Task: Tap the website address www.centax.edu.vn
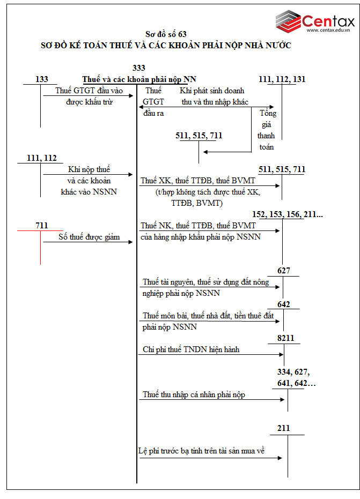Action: tap(328, 31)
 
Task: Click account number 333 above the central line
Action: tap(138, 68)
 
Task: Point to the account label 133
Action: tap(41, 79)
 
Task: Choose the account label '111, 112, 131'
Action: tap(282, 79)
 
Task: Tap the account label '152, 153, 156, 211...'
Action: tap(288, 214)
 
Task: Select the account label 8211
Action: tap(285, 338)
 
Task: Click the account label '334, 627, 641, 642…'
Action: tap(293, 377)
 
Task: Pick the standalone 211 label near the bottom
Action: tap(284, 429)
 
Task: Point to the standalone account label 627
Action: tap(284, 270)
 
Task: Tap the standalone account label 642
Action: tap(284, 304)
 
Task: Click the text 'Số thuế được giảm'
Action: tap(89, 236)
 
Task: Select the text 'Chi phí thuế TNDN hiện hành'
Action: tap(191, 349)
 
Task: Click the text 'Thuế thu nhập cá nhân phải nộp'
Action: tap(194, 394)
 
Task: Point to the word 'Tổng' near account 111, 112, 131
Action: tap(268, 114)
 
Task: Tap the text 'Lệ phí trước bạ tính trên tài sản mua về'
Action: tap(201, 451)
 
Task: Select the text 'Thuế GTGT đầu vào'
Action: tap(89, 91)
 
